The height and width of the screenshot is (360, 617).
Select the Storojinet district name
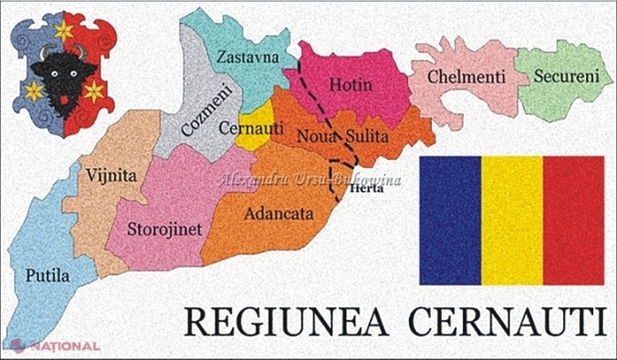point(165,229)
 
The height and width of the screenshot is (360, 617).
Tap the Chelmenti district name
point(466,77)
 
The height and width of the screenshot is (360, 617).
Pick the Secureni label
point(565,76)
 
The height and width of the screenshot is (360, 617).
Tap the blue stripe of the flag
point(450,220)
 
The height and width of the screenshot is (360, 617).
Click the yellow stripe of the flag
point(512,220)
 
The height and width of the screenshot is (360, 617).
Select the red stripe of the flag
point(573,220)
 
